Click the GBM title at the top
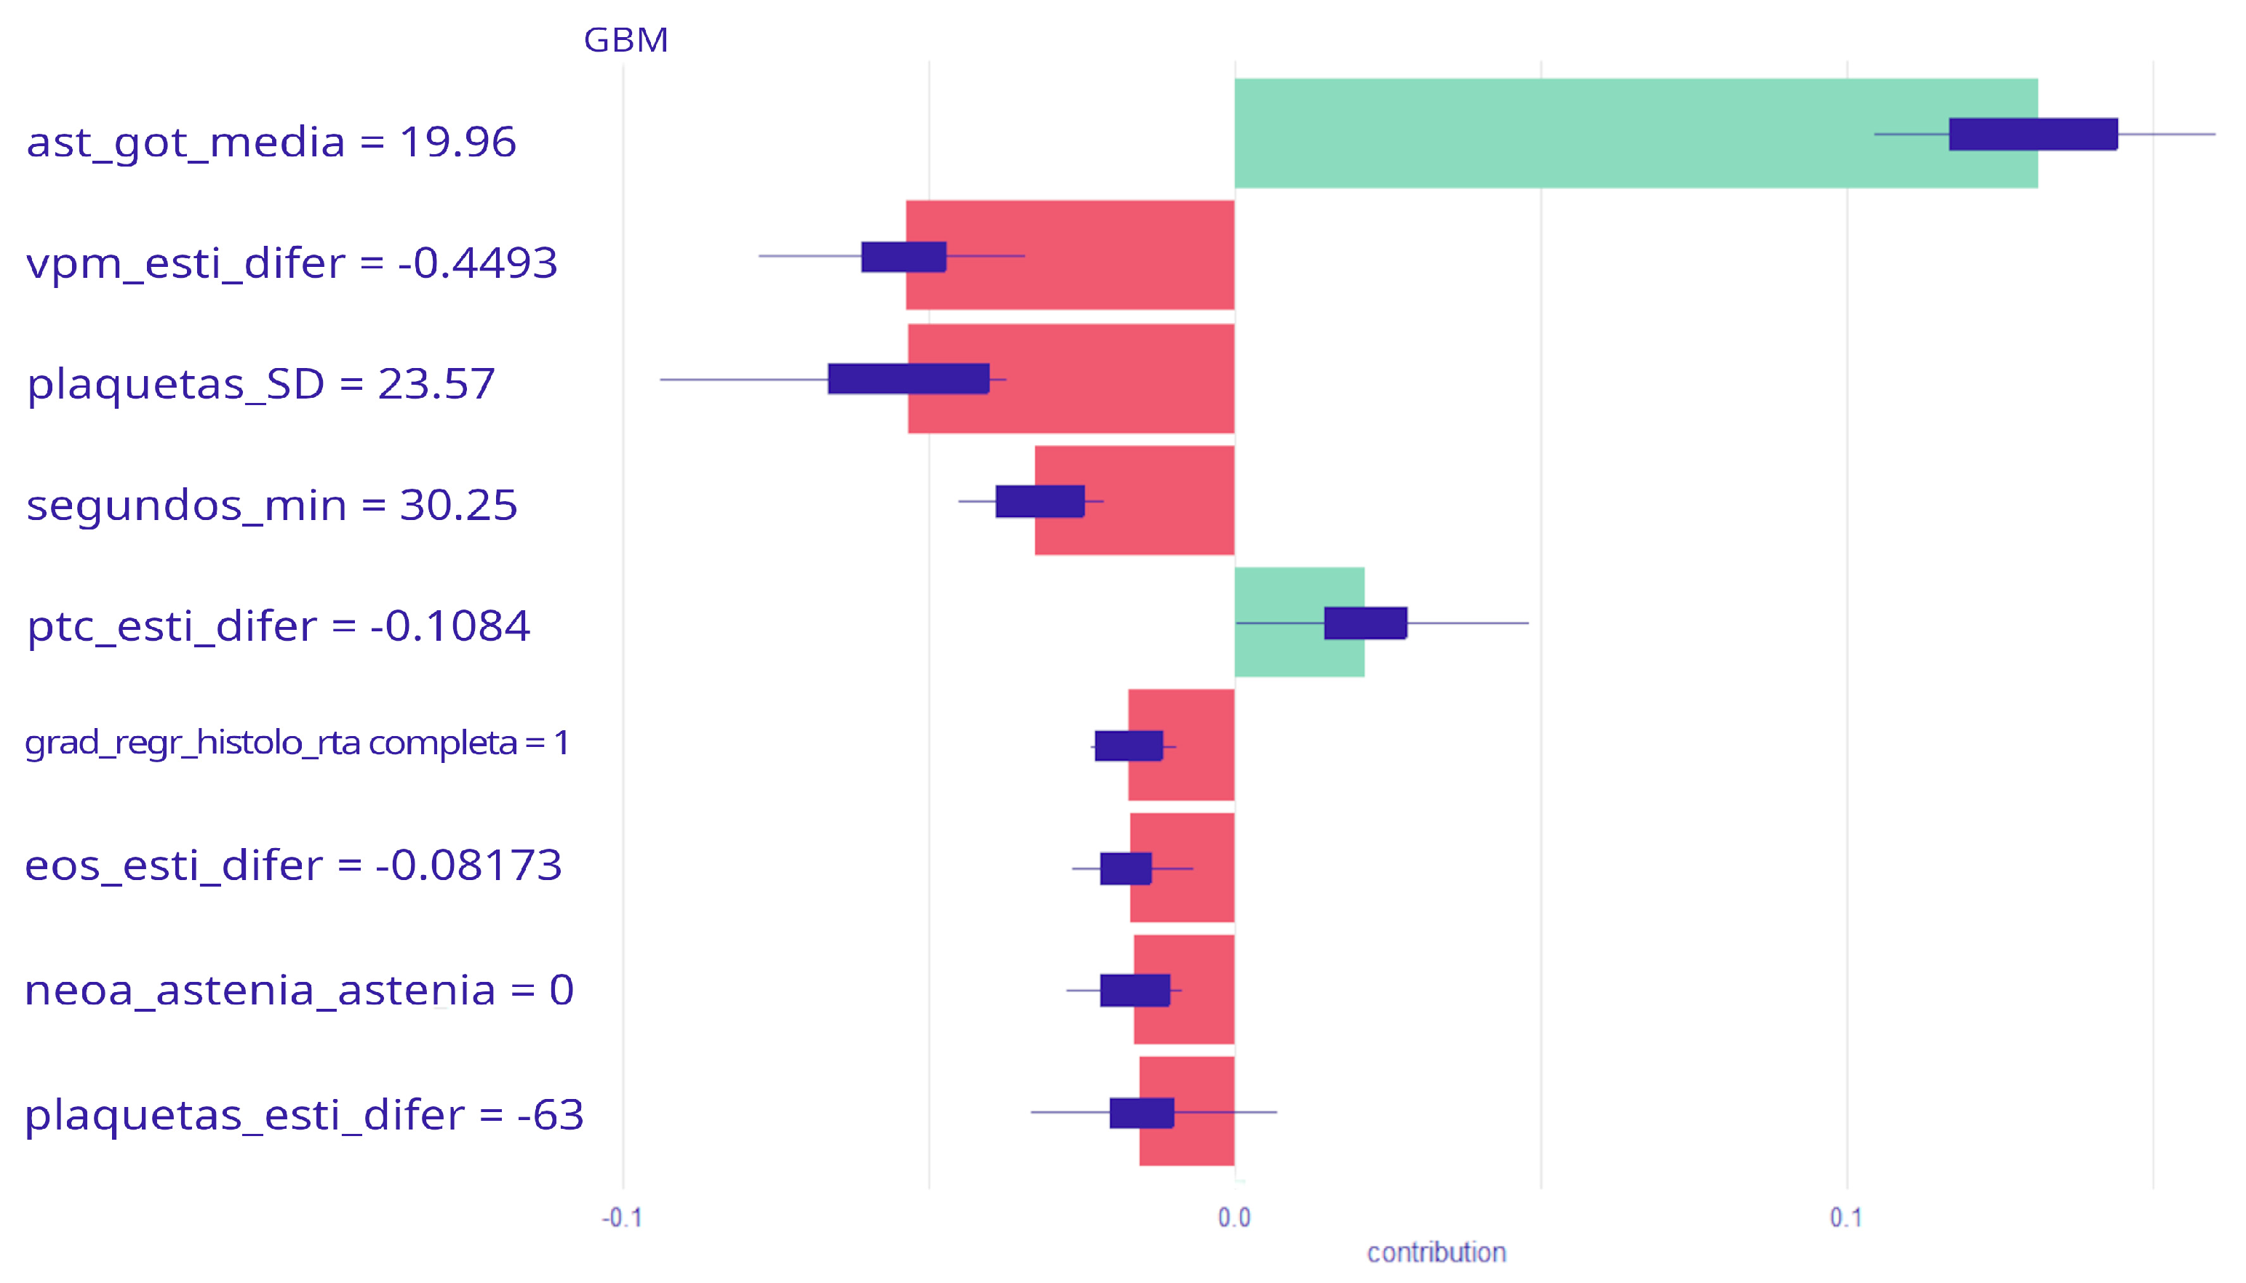point(626,41)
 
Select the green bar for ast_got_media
point(1586,133)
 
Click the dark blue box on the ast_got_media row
point(2032,134)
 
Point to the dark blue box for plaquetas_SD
point(908,379)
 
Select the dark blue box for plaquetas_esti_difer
point(1141,1113)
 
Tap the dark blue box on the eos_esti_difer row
point(1125,869)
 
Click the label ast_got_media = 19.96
point(271,142)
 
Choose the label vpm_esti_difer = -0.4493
point(292,263)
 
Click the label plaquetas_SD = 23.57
point(261,384)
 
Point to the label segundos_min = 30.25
point(271,505)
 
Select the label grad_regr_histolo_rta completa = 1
point(297,743)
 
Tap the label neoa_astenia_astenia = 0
point(299,991)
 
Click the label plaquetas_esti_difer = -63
point(304,1115)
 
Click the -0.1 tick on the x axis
point(622,1218)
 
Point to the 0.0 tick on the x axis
point(1234,1218)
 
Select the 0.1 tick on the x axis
point(1845,1218)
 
